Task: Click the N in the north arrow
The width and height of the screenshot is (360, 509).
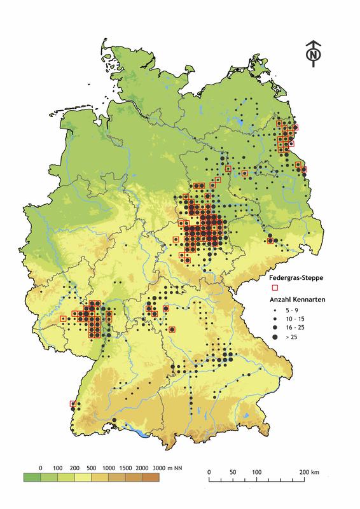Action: (312, 55)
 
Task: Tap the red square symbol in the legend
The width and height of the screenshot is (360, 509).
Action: (275, 288)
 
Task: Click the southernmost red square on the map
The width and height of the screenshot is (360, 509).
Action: (72, 403)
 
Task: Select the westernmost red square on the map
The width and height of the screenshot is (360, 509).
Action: (63, 318)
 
